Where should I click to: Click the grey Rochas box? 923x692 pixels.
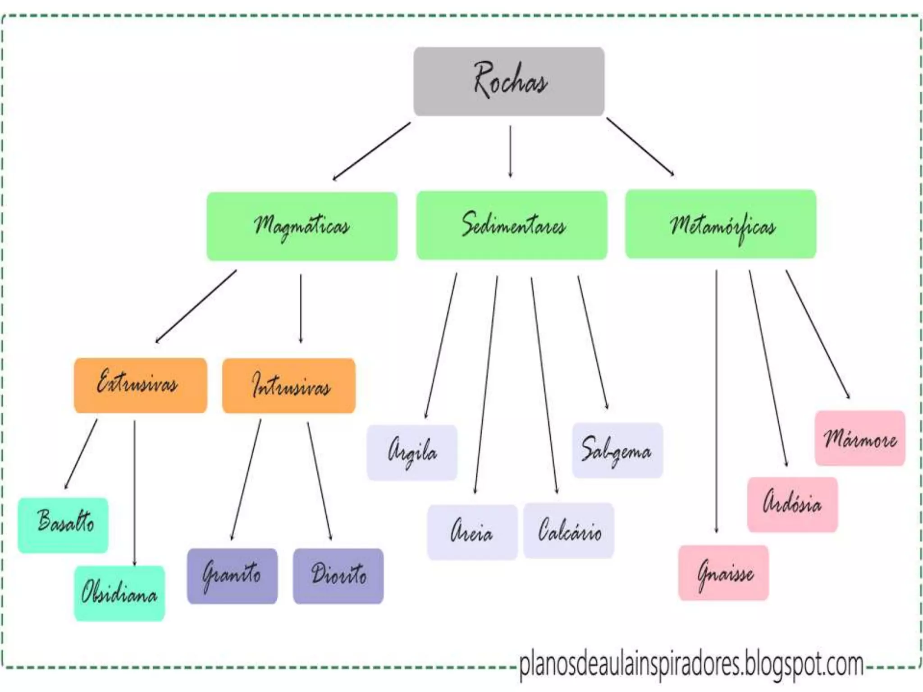pos(509,82)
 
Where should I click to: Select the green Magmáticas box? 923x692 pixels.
pos(302,226)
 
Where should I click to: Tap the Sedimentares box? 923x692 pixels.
pos(512,225)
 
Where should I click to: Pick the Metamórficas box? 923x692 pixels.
pos(721,224)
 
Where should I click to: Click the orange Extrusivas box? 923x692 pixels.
pos(140,385)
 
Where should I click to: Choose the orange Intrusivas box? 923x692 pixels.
pos(289,386)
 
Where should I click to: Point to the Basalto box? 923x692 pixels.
pos(63,525)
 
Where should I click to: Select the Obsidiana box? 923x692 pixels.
pos(119,593)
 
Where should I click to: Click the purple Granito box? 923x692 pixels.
pos(232,576)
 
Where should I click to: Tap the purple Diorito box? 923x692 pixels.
pos(338,576)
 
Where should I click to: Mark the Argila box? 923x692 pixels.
pos(412,452)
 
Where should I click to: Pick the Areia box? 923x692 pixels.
pos(472,532)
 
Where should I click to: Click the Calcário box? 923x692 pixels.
pos(569,531)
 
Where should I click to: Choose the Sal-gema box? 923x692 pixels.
pos(617,450)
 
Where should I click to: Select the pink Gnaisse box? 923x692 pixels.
pos(723,573)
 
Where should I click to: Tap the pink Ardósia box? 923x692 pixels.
pos(792,505)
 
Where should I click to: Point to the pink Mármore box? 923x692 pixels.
pos(860,438)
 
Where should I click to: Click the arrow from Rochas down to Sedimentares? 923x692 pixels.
pos(510,151)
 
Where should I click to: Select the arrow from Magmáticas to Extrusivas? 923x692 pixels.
pos(196,306)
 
